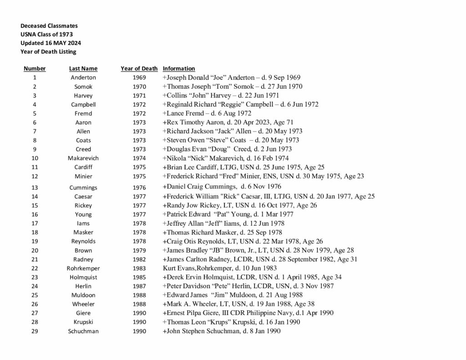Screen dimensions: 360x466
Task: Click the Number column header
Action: pyautogui.click(x=35, y=69)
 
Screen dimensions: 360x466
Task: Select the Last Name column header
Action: pyautogui.click(x=83, y=69)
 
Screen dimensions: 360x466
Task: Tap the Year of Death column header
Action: pyautogui.click(x=139, y=69)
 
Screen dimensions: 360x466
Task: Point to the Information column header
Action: pyautogui.click(x=179, y=69)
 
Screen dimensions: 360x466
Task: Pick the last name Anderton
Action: pyautogui.click(x=83, y=77)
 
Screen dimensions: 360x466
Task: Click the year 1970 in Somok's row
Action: pyautogui.click(x=139, y=86)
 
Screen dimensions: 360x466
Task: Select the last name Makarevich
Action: pyautogui.click(x=83, y=158)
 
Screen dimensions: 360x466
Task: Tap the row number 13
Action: pyautogui.click(x=35, y=188)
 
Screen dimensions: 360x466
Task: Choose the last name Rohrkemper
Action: pyautogui.click(x=83, y=268)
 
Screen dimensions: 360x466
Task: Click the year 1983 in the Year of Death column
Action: pyautogui.click(x=139, y=268)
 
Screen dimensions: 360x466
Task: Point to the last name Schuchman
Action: pyautogui.click(x=83, y=331)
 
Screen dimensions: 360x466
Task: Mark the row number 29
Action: pyautogui.click(x=35, y=331)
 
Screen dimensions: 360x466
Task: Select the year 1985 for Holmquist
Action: pyautogui.click(x=139, y=277)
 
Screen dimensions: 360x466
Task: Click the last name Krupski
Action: pyautogui.click(x=83, y=322)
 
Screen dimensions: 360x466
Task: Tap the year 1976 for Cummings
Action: pyautogui.click(x=139, y=188)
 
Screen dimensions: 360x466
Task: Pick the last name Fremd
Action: pyautogui.click(x=83, y=113)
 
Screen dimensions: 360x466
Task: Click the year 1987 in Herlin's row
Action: pyautogui.click(x=139, y=286)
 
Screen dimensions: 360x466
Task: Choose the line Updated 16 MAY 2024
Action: pyautogui.click(x=51, y=43)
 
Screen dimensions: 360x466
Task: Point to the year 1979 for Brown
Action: pyautogui.click(x=139, y=250)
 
